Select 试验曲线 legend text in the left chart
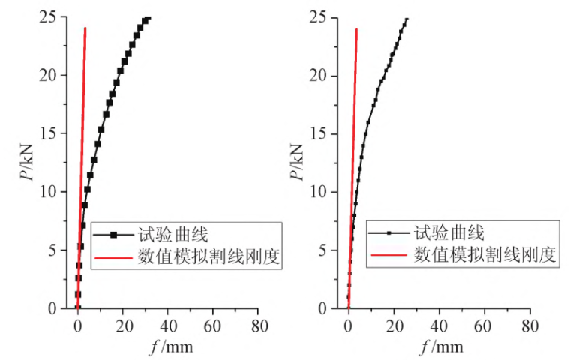[167, 235]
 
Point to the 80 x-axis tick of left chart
[259, 325]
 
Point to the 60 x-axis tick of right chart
[484, 325]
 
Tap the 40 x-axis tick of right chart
[439, 325]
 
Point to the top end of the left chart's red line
[85, 28]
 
